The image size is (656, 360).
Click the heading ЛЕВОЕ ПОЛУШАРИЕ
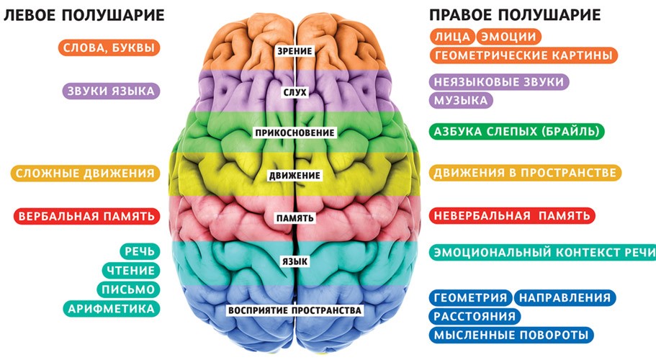click(x=84, y=15)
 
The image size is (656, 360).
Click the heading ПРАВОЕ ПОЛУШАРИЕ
click(x=515, y=15)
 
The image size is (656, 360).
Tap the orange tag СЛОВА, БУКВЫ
click(x=109, y=48)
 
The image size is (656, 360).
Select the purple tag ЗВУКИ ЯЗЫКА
click(x=112, y=91)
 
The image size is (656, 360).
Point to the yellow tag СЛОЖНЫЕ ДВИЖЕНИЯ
click(x=86, y=173)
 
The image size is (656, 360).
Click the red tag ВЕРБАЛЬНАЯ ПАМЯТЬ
click(x=87, y=216)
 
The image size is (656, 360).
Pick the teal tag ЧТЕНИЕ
click(x=131, y=271)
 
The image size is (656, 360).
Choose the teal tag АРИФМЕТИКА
click(x=112, y=309)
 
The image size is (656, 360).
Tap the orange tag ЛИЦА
click(x=453, y=37)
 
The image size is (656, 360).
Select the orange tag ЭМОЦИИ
click(x=508, y=37)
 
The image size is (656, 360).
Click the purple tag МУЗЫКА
click(x=461, y=100)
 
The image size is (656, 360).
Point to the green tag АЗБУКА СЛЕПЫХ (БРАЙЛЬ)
click(x=517, y=131)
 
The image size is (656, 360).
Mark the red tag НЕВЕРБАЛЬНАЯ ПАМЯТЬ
click(x=512, y=216)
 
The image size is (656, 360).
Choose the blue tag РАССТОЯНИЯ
click(x=475, y=316)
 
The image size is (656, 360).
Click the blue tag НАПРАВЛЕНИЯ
click(x=565, y=297)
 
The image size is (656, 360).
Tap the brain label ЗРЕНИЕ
click(x=295, y=51)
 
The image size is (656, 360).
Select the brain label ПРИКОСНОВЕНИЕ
click(x=295, y=132)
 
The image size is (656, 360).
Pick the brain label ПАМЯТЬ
click(x=295, y=218)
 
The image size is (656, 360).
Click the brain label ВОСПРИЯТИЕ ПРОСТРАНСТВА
click(x=295, y=310)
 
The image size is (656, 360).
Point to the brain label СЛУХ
click(x=295, y=92)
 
